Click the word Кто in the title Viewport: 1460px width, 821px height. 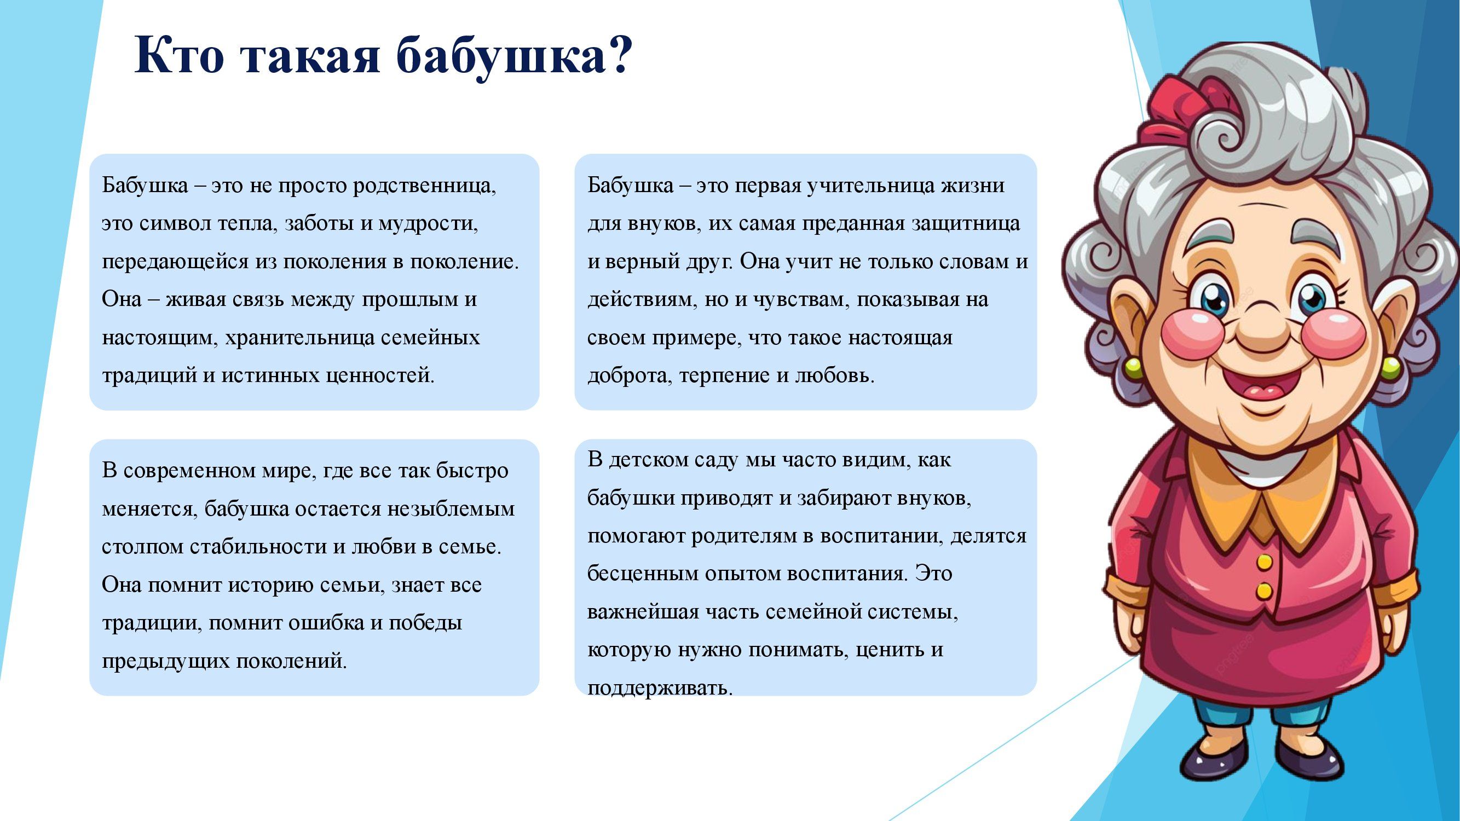[x=179, y=55]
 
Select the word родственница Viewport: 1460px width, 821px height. [x=424, y=186]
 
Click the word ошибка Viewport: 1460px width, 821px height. [x=326, y=623]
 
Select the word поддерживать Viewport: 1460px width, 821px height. [x=660, y=689]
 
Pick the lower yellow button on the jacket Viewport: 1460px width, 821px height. [x=1265, y=592]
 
